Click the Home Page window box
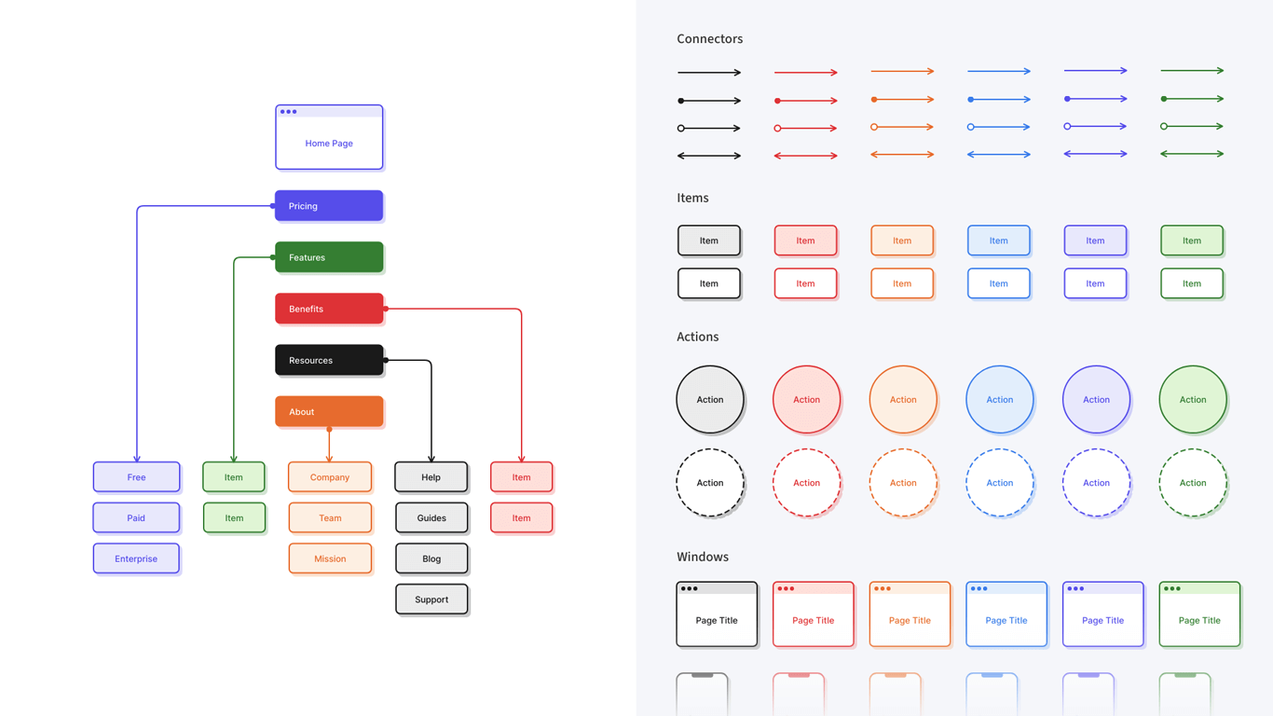(329, 143)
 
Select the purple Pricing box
(329, 206)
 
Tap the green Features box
(329, 257)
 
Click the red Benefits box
(329, 309)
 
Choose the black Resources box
(329, 360)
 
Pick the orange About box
(329, 411)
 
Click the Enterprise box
(136, 558)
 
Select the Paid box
(136, 517)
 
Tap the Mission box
(330, 558)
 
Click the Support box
(431, 599)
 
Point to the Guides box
(431, 517)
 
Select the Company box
(330, 476)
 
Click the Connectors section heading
(709, 39)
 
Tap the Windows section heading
(702, 557)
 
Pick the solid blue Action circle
(999, 399)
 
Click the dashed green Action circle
(1192, 483)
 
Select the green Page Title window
(1199, 614)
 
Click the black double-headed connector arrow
(709, 156)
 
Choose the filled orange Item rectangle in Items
(901, 241)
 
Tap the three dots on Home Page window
(289, 112)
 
